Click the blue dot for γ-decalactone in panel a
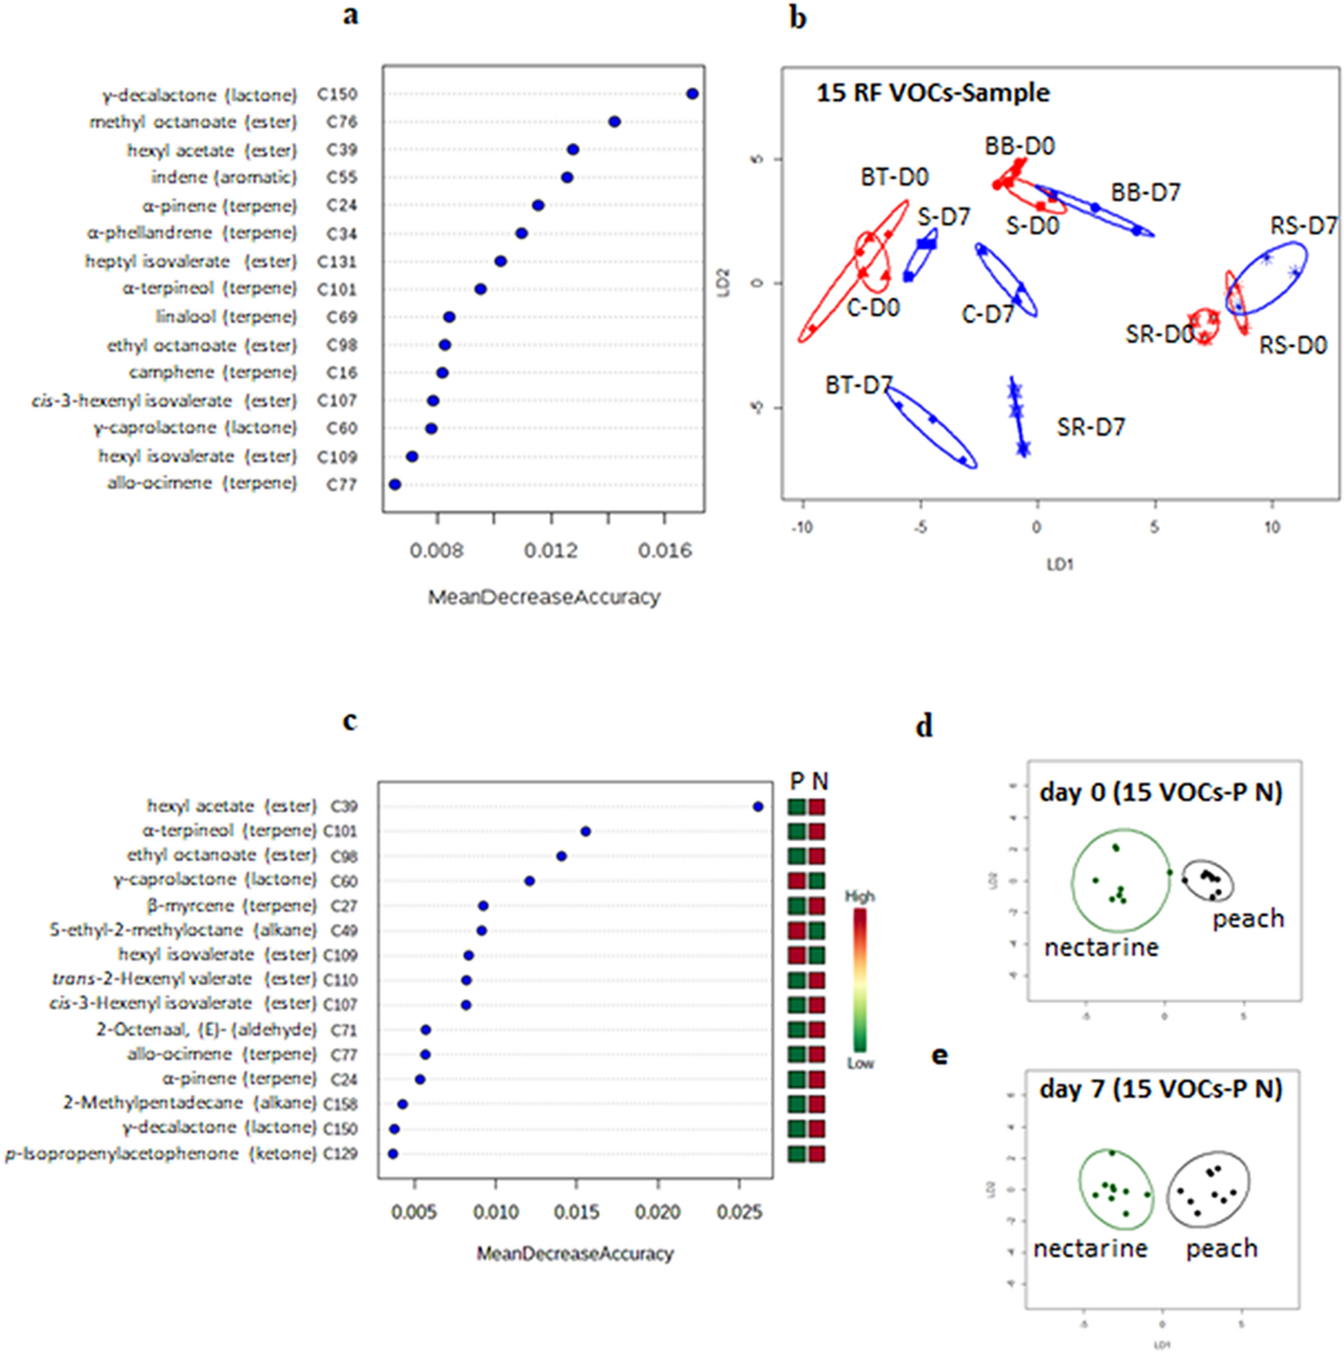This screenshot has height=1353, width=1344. (x=692, y=94)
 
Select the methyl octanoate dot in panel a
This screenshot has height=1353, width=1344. (x=614, y=122)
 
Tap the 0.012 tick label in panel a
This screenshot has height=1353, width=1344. (x=551, y=551)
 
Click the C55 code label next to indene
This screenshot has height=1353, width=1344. (x=342, y=178)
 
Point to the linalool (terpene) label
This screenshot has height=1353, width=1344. (x=226, y=317)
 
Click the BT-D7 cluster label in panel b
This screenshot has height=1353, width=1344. (x=858, y=385)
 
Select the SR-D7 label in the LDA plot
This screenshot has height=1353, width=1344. (x=1090, y=427)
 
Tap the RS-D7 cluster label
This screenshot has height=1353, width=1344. (x=1303, y=226)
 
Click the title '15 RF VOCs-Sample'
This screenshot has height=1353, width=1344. (x=933, y=93)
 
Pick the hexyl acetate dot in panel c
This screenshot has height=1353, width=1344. (x=757, y=807)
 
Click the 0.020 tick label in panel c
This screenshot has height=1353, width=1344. (x=657, y=1212)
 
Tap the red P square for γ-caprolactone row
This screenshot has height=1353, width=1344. (x=796, y=881)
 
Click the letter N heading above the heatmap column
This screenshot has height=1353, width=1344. (x=819, y=781)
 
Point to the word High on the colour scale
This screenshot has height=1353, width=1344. (x=859, y=896)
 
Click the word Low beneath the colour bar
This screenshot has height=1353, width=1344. (x=860, y=1063)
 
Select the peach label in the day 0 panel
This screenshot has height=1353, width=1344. (x=1248, y=919)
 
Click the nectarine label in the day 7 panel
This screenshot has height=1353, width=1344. (x=1090, y=1248)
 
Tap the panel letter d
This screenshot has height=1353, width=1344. (x=925, y=727)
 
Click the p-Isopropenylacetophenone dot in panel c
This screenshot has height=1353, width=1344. (x=393, y=1153)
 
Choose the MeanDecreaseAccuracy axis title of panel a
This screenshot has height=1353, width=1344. (x=544, y=597)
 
